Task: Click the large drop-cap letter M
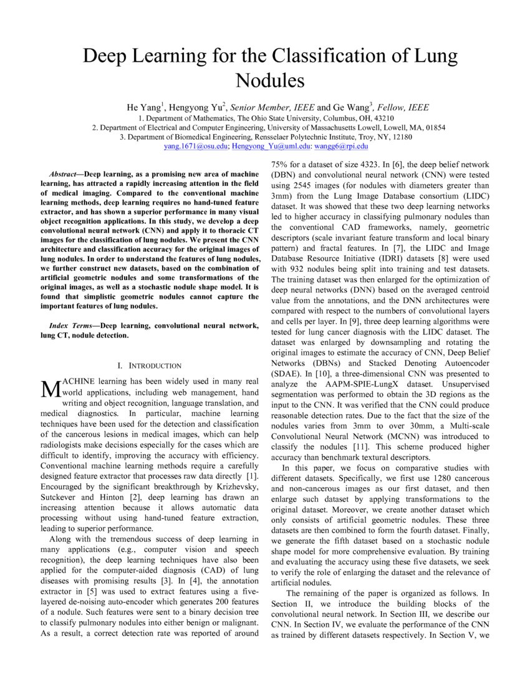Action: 49,389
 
